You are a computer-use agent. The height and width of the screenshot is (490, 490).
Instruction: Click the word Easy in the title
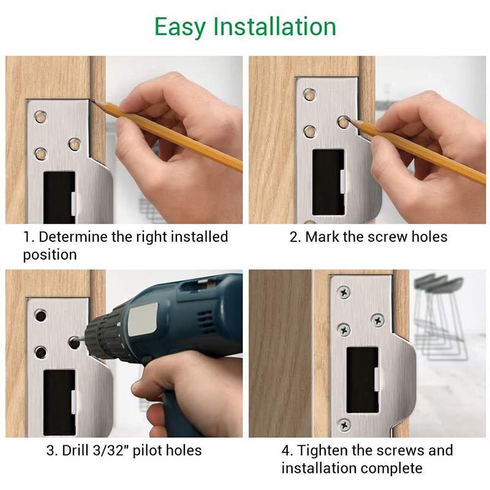click(179, 28)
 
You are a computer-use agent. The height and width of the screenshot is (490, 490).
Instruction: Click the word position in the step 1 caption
click(50, 255)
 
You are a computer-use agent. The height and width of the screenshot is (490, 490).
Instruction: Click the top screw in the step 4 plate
click(344, 293)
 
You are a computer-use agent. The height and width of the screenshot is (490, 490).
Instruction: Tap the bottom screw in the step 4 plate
click(344, 425)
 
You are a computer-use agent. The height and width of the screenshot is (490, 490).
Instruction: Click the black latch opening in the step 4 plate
click(363, 380)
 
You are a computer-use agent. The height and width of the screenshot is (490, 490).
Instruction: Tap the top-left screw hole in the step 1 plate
click(40, 117)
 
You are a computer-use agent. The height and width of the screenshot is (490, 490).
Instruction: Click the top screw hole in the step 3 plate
click(40, 315)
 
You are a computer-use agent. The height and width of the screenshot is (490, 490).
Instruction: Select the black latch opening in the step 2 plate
click(328, 182)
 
